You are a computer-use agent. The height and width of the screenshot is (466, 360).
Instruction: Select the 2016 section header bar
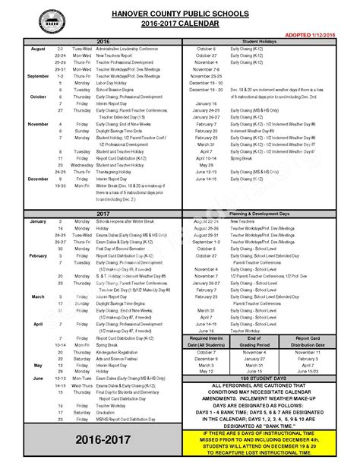[103, 43]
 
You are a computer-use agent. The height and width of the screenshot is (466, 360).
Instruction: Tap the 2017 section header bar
[103, 214]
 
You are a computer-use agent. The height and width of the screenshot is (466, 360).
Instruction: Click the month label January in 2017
[18, 221]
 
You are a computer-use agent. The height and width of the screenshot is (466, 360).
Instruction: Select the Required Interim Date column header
[206, 339]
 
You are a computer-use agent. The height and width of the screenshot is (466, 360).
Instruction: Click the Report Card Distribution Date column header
[314, 339]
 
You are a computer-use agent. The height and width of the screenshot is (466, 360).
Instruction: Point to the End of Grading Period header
[259, 339]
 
